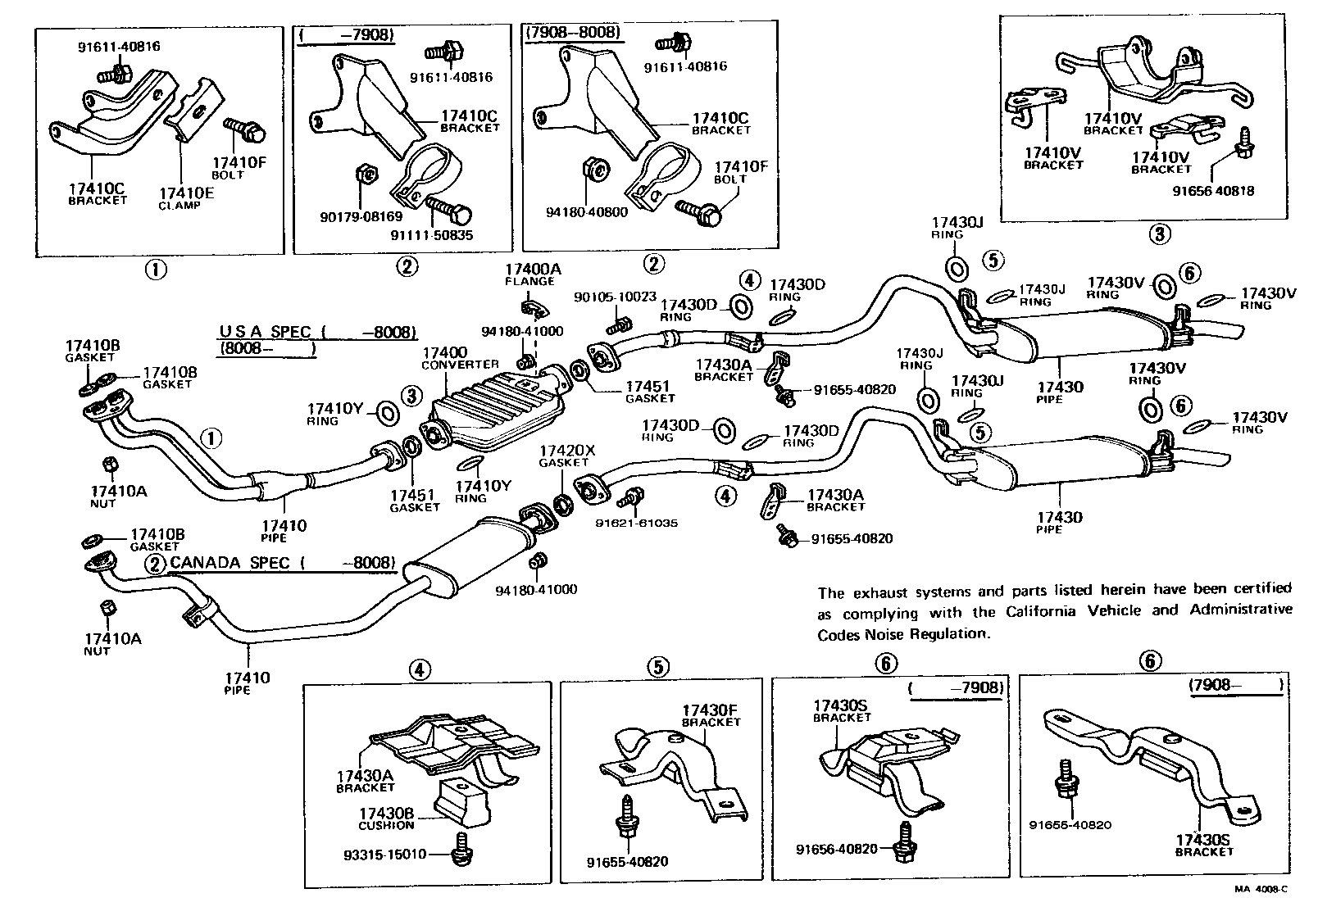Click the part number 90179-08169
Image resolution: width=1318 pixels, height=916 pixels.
pyautogui.click(x=361, y=217)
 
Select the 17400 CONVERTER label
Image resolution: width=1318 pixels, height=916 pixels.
pyautogui.click(x=460, y=357)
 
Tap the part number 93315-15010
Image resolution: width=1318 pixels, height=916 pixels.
pyautogui.click(x=386, y=855)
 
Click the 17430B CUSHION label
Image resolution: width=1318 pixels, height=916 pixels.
pyautogui.click(x=386, y=819)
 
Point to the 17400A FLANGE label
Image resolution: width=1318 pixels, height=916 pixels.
pyautogui.click(x=529, y=274)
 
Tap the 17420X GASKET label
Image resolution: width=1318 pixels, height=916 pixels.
pyautogui.click(x=566, y=456)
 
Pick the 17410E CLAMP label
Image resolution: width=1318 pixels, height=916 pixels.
pyautogui.click(x=180, y=199)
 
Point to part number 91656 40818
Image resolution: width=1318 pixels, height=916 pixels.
pyautogui.click(x=1213, y=191)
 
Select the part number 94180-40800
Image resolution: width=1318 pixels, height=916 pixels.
pyautogui.click(x=587, y=211)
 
